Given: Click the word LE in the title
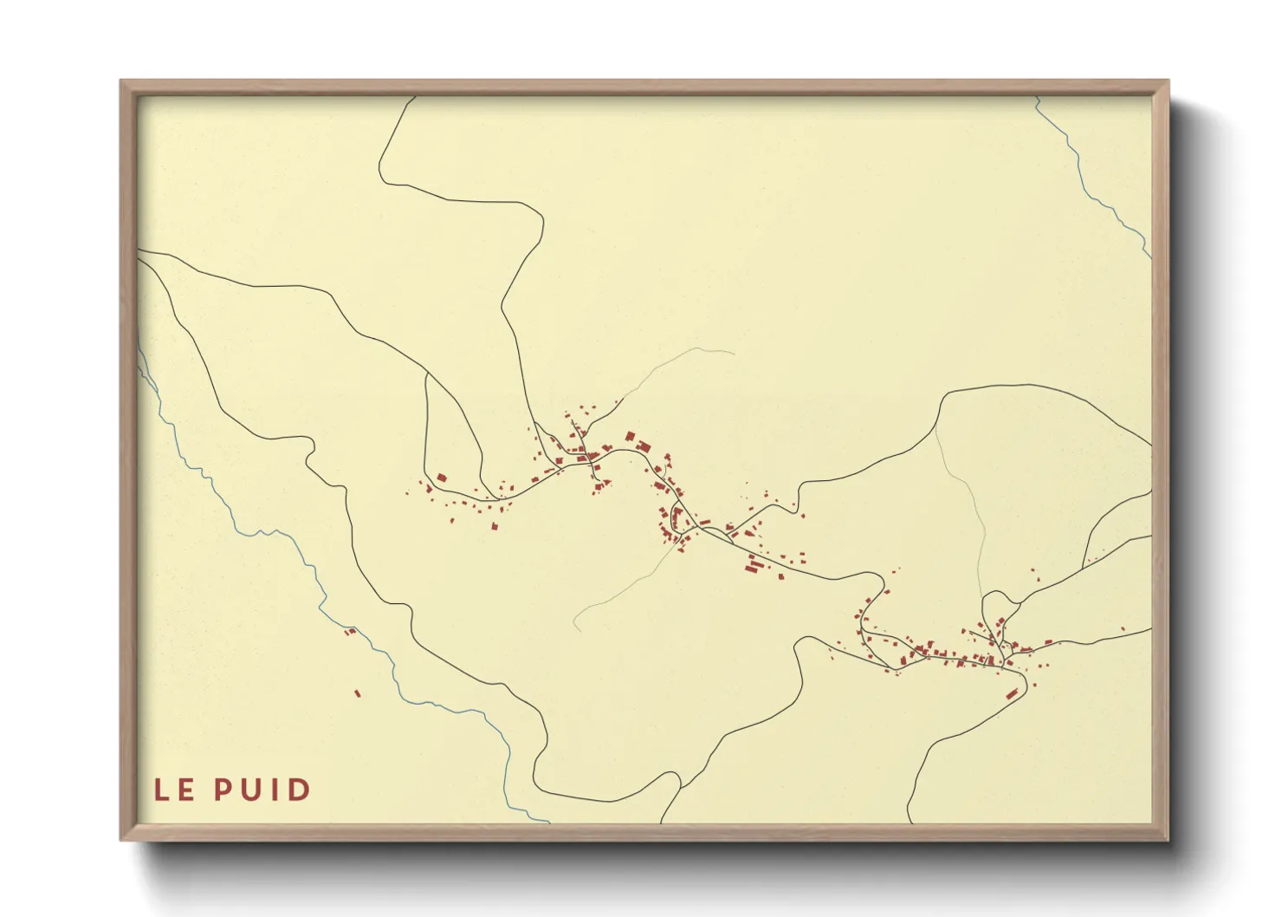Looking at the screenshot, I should click(x=174, y=790).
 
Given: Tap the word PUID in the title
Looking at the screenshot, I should click(x=262, y=790).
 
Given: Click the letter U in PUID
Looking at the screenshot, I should click(x=252, y=790).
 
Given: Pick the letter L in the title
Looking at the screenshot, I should click(x=162, y=790).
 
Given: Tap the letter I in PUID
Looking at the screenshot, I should click(x=276, y=790).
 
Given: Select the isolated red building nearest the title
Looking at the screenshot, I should click(x=357, y=693).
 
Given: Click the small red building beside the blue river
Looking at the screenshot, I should click(x=351, y=631).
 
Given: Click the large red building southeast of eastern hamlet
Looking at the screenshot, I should click(x=1011, y=693).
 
